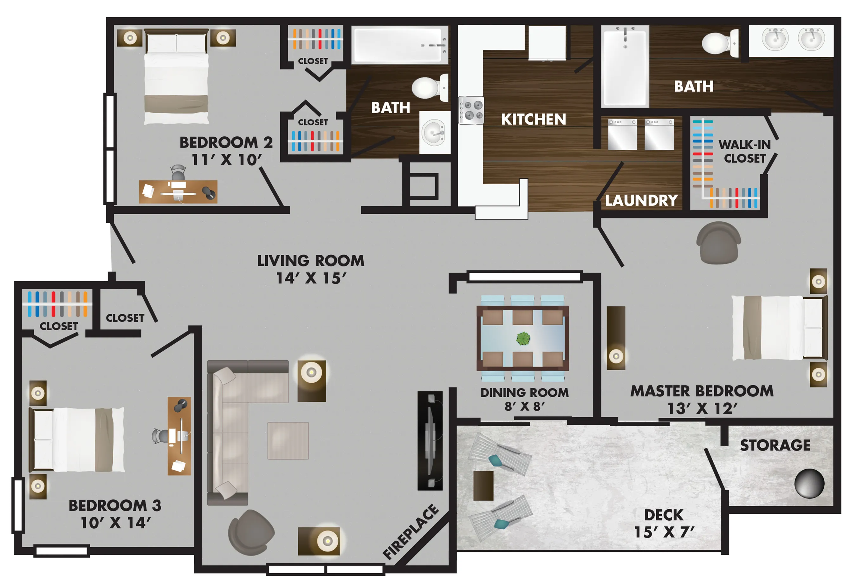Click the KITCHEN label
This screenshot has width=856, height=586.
[x=533, y=119]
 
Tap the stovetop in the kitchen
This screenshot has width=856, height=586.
[x=471, y=110]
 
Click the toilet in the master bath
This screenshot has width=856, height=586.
[x=720, y=43]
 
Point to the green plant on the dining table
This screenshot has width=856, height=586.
[x=523, y=338]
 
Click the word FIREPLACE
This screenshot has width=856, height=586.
[x=411, y=531]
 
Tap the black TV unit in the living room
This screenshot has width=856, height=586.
[x=430, y=441]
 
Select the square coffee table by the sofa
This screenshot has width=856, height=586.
[x=288, y=440]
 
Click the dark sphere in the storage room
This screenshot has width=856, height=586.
[x=809, y=483]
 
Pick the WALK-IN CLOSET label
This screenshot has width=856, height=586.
[x=744, y=151]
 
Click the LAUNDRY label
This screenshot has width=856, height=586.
[x=641, y=200]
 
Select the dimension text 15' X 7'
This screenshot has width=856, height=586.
[x=664, y=532]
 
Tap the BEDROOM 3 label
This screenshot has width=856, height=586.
[x=115, y=505]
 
